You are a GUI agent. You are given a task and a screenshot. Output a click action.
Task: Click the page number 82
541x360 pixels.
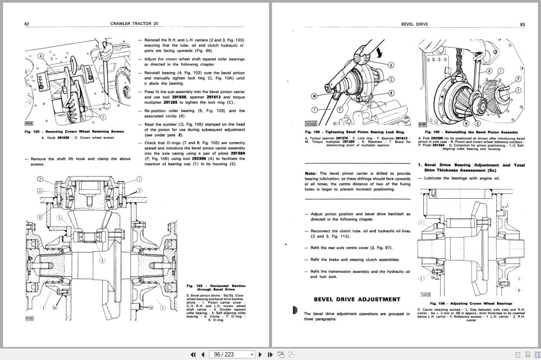click(x=27, y=24)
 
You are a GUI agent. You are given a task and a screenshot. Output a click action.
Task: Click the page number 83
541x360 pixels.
click(x=522, y=24)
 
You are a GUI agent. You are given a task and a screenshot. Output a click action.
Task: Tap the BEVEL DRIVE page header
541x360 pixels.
click(x=415, y=24)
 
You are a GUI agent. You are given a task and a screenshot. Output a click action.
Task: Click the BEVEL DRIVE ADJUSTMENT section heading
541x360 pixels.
click(x=357, y=299)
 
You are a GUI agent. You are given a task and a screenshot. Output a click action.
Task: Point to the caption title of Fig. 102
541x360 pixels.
click(x=74, y=131)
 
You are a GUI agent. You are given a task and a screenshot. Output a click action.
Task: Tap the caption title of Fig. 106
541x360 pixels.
click(x=471, y=303)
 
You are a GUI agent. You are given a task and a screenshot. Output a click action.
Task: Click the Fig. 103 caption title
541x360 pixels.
click(x=216, y=287)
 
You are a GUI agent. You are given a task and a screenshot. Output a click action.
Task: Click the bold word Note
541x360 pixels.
click(x=310, y=173)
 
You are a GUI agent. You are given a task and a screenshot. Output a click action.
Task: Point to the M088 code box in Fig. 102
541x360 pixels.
click(x=29, y=124)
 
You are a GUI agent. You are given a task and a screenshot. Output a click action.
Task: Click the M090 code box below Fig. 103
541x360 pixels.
click(x=29, y=319)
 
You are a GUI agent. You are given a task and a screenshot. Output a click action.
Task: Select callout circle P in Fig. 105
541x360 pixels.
click(x=518, y=79)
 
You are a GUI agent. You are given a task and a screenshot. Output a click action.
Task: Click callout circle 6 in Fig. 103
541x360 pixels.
click(x=102, y=260)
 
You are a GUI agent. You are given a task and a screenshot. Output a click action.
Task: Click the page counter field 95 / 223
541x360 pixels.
click(x=232, y=354)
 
